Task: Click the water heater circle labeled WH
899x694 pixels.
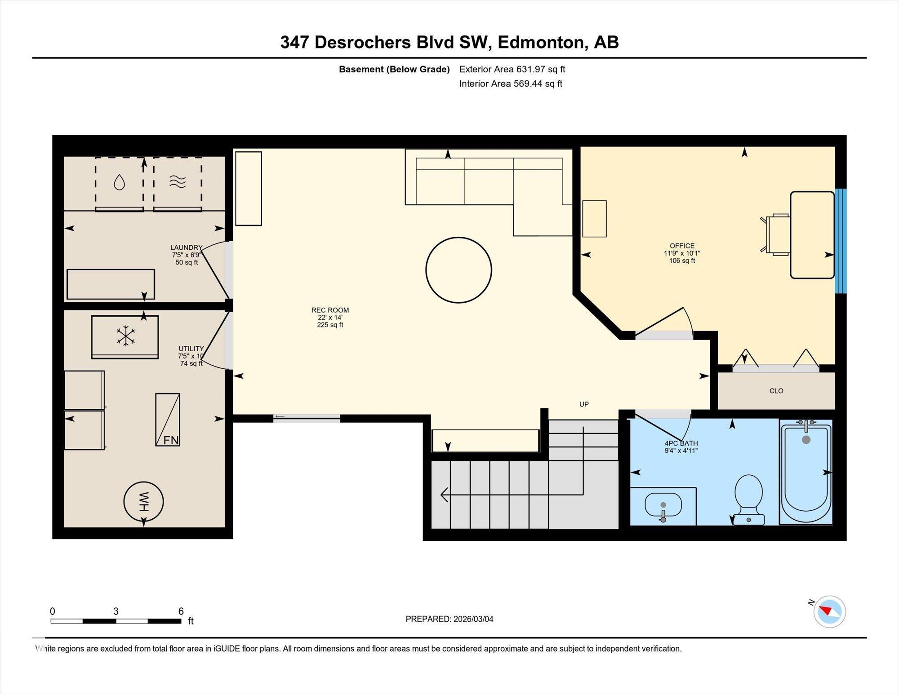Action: click(x=143, y=502)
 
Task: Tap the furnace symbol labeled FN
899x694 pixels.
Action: click(x=168, y=420)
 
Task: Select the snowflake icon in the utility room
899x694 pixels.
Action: click(x=126, y=336)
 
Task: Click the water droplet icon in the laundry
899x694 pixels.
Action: click(x=119, y=182)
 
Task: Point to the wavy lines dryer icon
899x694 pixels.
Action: click(x=178, y=181)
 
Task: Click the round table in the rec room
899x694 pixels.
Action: click(x=458, y=270)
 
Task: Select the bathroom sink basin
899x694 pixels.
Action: click(x=663, y=505)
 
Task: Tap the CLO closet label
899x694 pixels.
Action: click(x=776, y=391)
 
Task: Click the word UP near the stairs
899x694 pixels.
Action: click(x=584, y=404)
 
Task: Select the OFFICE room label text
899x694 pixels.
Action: click(x=682, y=246)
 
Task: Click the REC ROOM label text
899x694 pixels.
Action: click(x=330, y=310)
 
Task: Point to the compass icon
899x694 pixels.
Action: click(x=829, y=611)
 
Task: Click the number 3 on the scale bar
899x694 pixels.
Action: click(x=116, y=611)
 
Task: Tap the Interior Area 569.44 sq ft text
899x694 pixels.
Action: click(x=511, y=84)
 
